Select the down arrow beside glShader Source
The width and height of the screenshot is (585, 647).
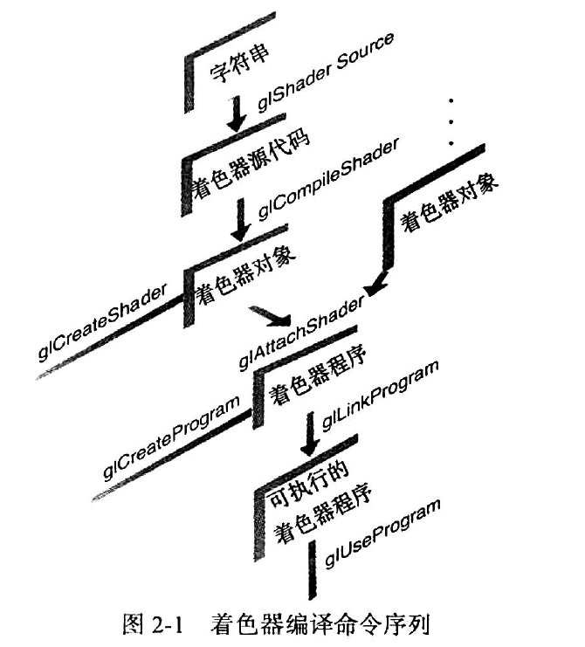(x=235, y=114)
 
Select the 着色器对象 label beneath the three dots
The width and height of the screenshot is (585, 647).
(x=449, y=204)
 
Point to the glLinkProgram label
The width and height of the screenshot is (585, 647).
(x=379, y=394)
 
